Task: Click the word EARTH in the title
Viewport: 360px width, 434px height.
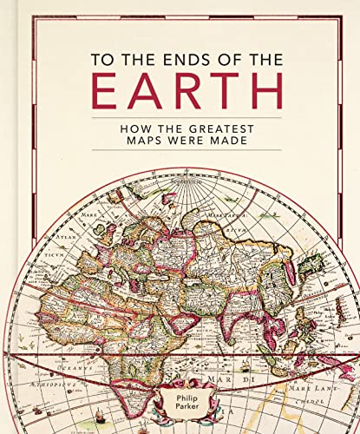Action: (179, 91)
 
